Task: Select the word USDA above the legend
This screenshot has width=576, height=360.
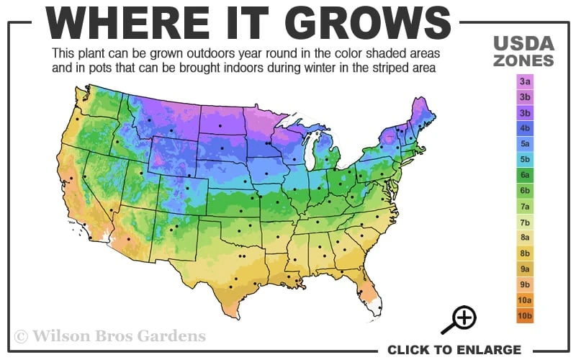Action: tap(523, 44)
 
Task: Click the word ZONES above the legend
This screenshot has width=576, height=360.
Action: tap(523, 60)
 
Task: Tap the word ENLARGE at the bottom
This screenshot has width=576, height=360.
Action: tap(485, 350)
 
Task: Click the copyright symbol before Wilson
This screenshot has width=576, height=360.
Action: tap(22, 336)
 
